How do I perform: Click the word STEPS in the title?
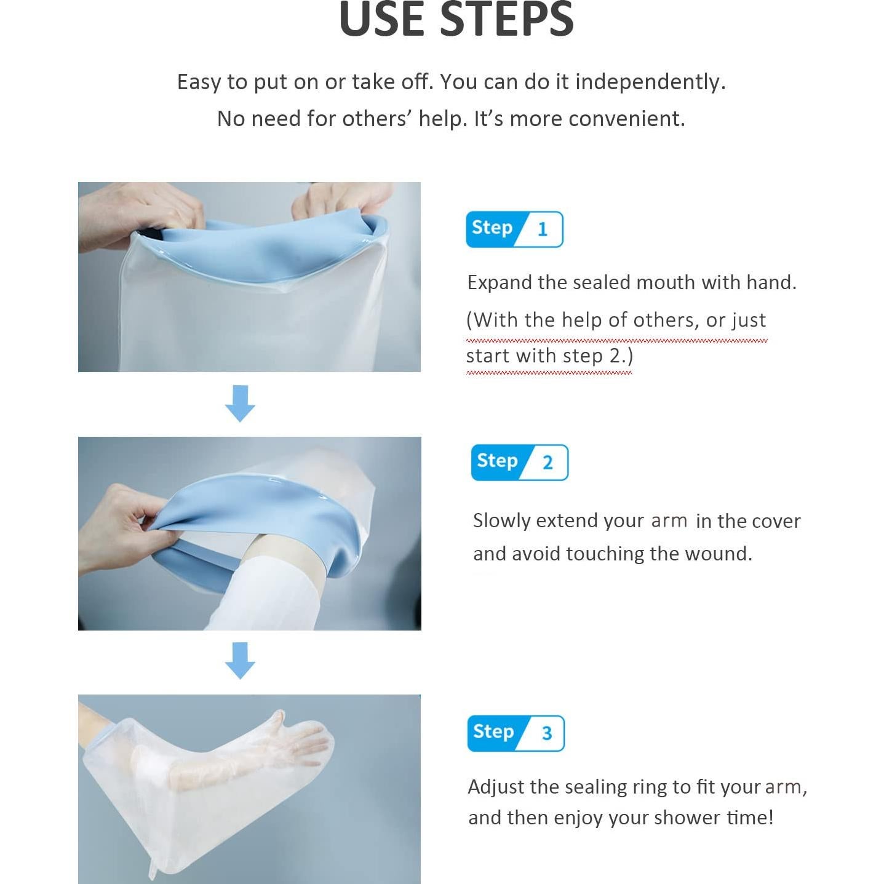[x=507, y=19]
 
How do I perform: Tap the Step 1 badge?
[x=514, y=229]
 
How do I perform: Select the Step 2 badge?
[x=519, y=462]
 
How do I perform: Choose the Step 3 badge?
[x=516, y=733]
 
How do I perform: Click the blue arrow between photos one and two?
[x=240, y=403]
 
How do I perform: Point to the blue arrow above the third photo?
[x=240, y=660]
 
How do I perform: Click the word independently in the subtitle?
[x=650, y=82]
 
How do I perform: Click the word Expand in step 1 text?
[x=500, y=283]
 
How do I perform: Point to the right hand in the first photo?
[x=342, y=202]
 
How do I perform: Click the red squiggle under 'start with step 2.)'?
[x=549, y=373]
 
